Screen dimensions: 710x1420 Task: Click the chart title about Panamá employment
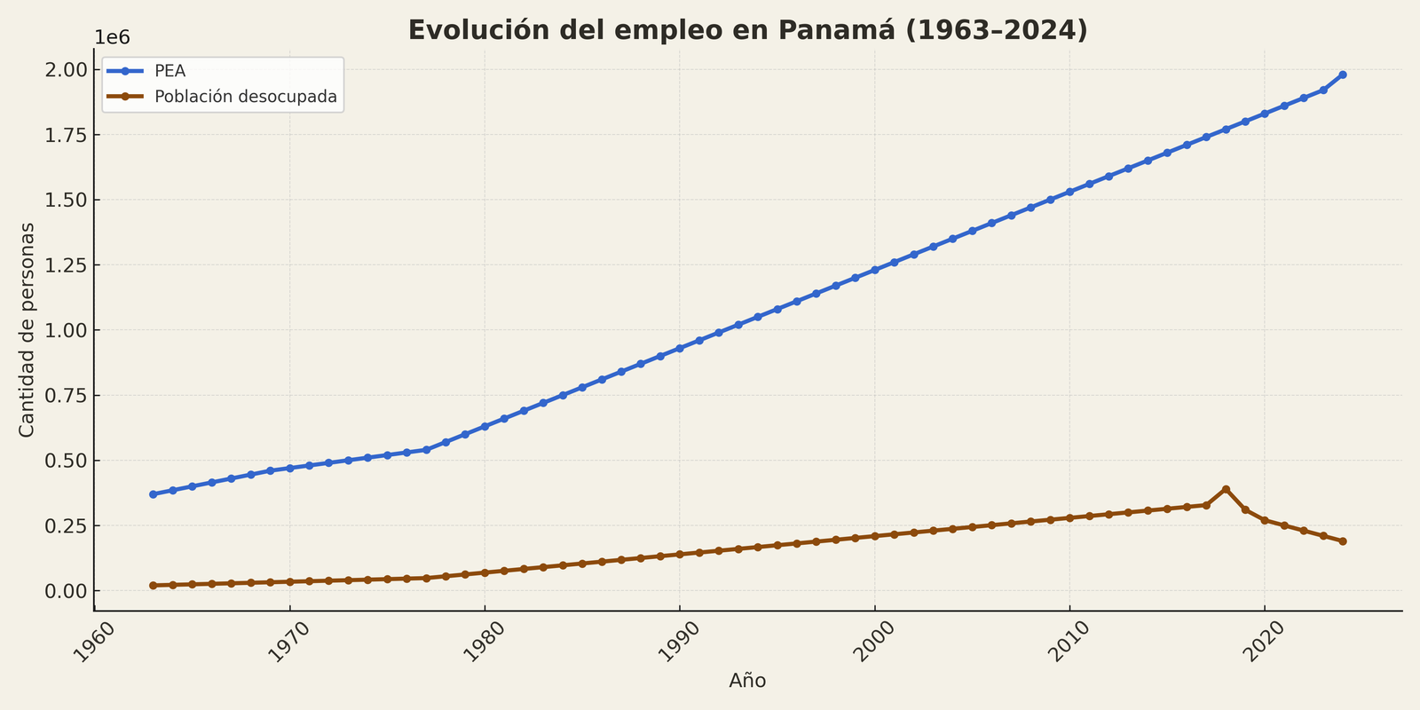coord(747,30)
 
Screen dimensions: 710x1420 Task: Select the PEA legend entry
coord(170,72)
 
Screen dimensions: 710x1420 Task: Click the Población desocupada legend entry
coord(246,97)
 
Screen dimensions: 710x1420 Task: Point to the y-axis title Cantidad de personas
coord(28,329)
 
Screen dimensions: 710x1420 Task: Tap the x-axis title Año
coord(747,681)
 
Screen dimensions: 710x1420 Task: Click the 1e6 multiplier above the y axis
coord(112,37)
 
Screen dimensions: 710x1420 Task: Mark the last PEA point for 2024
coord(1343,75)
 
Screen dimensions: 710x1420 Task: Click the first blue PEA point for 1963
coord(153,494)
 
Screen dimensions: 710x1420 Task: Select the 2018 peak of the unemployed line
coord(1226,489)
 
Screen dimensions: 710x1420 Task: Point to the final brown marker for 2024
coord(1343,541)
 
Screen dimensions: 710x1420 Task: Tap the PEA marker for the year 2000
coord(874,270)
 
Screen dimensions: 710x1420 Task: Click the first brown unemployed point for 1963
coord(153,586)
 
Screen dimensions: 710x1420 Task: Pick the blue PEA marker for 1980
coord(485,426)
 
